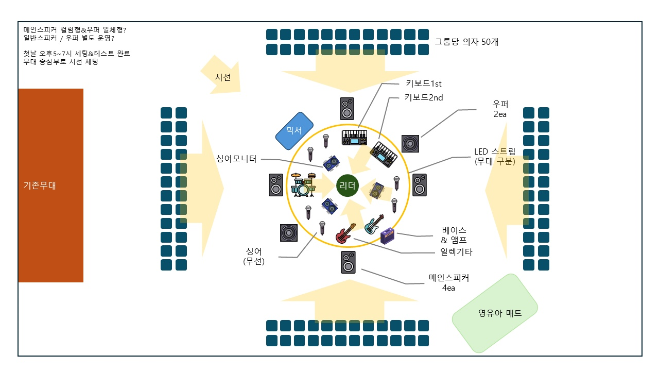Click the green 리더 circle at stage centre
click(348, 185)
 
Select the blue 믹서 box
click(294, 131)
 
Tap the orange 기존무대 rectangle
click(51, 185)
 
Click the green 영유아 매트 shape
click(495, 313)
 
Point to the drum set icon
click(303, 184)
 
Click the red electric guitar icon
click(345, 233)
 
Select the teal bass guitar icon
click(374, 224)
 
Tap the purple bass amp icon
click(388, 235)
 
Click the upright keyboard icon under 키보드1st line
click(355, 137)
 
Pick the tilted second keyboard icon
click(384, 154)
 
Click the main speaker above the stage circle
click(347, 109)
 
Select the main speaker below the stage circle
click(349, 262)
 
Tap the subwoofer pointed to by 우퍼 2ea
click(410, 144)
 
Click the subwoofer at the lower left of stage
click(289, 233)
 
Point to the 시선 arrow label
click(223, 77)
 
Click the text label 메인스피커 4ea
click(448, 282)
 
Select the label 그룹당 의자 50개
click(466, 42)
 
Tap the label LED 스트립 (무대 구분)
click(495, 156)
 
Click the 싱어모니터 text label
click(236, 159)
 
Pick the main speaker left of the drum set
click(276, 185)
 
